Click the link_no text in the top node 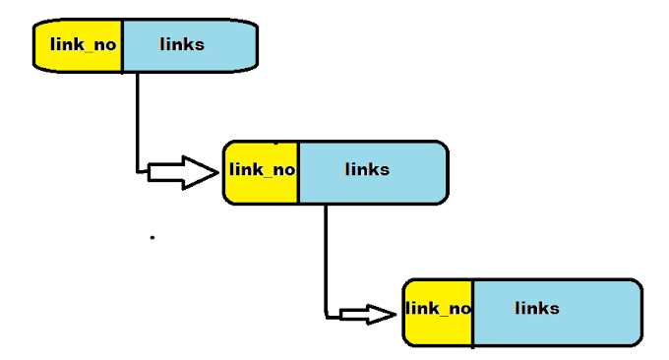(x=82, y=44)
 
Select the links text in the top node (x=182, y=44)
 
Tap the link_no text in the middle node (x=262, y=169)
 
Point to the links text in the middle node (x=367, y=169)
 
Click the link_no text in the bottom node (x=439, y=309)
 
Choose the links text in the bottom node (x=537, y=309)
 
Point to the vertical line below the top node (x=137, y=118)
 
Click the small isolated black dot (x=152, y=237)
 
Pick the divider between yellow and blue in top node (x=122, y=45)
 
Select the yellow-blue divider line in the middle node (x=298, y=172)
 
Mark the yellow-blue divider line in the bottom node (x=473, y=313)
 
